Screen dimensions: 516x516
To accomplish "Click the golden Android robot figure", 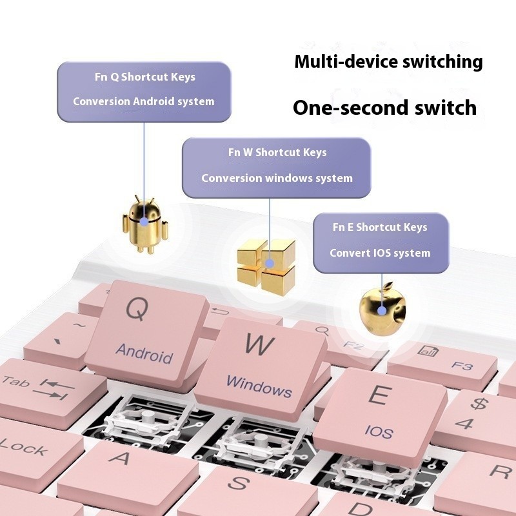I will click(144, 223).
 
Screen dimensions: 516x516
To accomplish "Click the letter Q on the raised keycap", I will click(137, 310).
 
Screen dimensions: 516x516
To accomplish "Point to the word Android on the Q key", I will click(144, 353).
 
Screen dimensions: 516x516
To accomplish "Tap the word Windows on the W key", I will click(259, 387).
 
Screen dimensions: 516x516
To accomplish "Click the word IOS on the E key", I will click(378, 432).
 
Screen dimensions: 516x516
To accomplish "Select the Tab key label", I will click(15, 382).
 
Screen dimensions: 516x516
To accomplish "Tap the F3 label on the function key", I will click(462, 365).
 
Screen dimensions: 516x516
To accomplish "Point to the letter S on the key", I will click(239, 482).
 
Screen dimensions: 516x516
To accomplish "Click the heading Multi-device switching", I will click(388, 62).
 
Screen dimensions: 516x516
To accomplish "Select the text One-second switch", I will click(384, 107).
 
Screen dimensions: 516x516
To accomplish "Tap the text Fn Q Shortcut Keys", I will click(144, 77).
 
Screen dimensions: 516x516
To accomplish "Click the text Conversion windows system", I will click(277, 178).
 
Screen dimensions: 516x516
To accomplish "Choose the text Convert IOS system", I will click(380, 253).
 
